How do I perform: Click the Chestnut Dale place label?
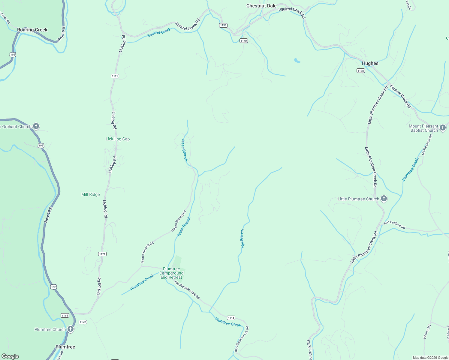point(261,6)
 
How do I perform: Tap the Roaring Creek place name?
point(32,30)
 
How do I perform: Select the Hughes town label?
point(370,63)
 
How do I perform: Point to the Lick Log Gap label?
point(118,139)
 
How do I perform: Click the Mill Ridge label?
point(90,194)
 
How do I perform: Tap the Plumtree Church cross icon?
point(71,329)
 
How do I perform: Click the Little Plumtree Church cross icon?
point(384,199)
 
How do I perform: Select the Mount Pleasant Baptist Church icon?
point(442,128)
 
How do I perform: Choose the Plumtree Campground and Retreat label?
point(171,273)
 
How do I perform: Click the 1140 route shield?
point(243,41)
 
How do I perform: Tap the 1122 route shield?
point(83,322)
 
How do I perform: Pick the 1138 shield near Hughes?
point(360,71)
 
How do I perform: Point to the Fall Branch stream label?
point(243,238)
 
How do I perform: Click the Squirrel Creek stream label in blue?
point(159,32)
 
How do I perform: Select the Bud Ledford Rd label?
point(394,225)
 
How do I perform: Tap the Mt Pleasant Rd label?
point(427,145)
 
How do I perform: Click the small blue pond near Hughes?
point(297,61)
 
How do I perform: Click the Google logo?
point(10,356)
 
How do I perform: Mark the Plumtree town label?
point(65,347)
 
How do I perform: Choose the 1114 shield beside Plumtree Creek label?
point(231,318)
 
